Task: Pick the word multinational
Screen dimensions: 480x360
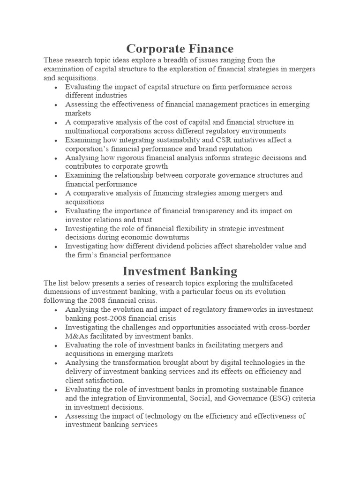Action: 88,131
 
